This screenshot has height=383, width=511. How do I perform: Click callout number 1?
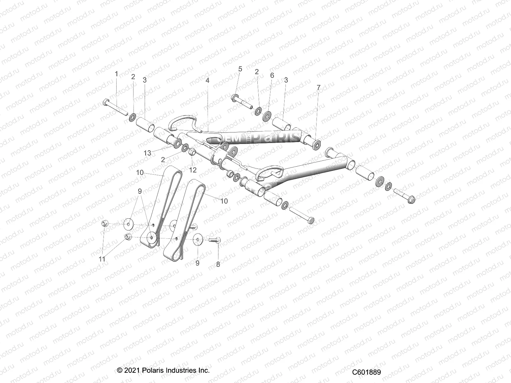click(116, 74)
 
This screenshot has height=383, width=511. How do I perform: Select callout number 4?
click(207, 80)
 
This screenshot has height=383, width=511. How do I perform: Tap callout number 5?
click(240, 69)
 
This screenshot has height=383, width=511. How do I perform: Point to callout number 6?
click(272, 75)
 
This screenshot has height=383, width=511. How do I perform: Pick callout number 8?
click(218, 264)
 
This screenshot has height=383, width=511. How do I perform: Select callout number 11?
click(102, 259)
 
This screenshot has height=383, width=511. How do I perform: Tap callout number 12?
click(193, 170)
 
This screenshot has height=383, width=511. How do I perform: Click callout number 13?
click(147, 153)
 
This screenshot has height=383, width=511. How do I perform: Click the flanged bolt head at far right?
click(412, 200)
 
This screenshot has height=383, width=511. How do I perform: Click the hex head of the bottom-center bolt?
click(311, 220)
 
